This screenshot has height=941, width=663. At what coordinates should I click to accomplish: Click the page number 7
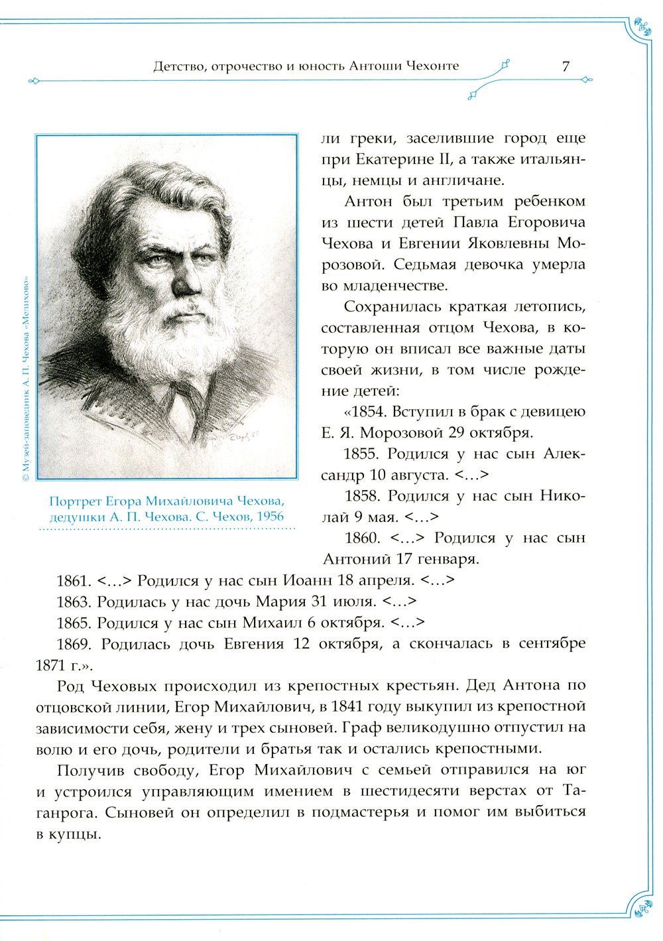pyautogui.click(x=566, y=66)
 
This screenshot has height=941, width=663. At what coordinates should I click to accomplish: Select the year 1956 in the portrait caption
pyautogui.click(x=269, y=516)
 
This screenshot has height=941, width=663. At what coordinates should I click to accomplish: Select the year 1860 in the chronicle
pyautogui.click(x=362, y=538)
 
